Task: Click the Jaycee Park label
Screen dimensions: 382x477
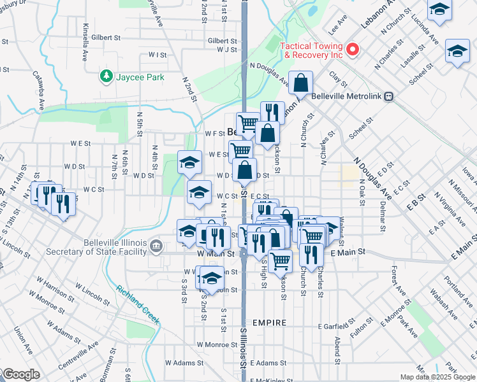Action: coord(140,77)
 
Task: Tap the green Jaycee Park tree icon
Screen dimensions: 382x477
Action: coord(106,77)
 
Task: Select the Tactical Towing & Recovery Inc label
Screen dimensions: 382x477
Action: coord(312,50)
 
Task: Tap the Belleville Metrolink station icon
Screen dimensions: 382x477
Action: coord(388,97)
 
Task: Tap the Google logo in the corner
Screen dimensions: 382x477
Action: coord(20,374)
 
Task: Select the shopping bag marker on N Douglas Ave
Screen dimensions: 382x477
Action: coord(300,83)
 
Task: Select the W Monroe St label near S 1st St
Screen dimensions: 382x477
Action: coord(217,344)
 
